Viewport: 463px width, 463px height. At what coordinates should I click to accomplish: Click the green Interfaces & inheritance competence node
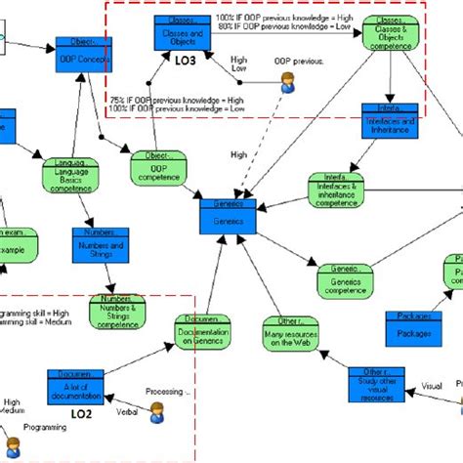tap(335, 191)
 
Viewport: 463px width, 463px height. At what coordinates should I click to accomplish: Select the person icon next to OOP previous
tap(287, 85)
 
